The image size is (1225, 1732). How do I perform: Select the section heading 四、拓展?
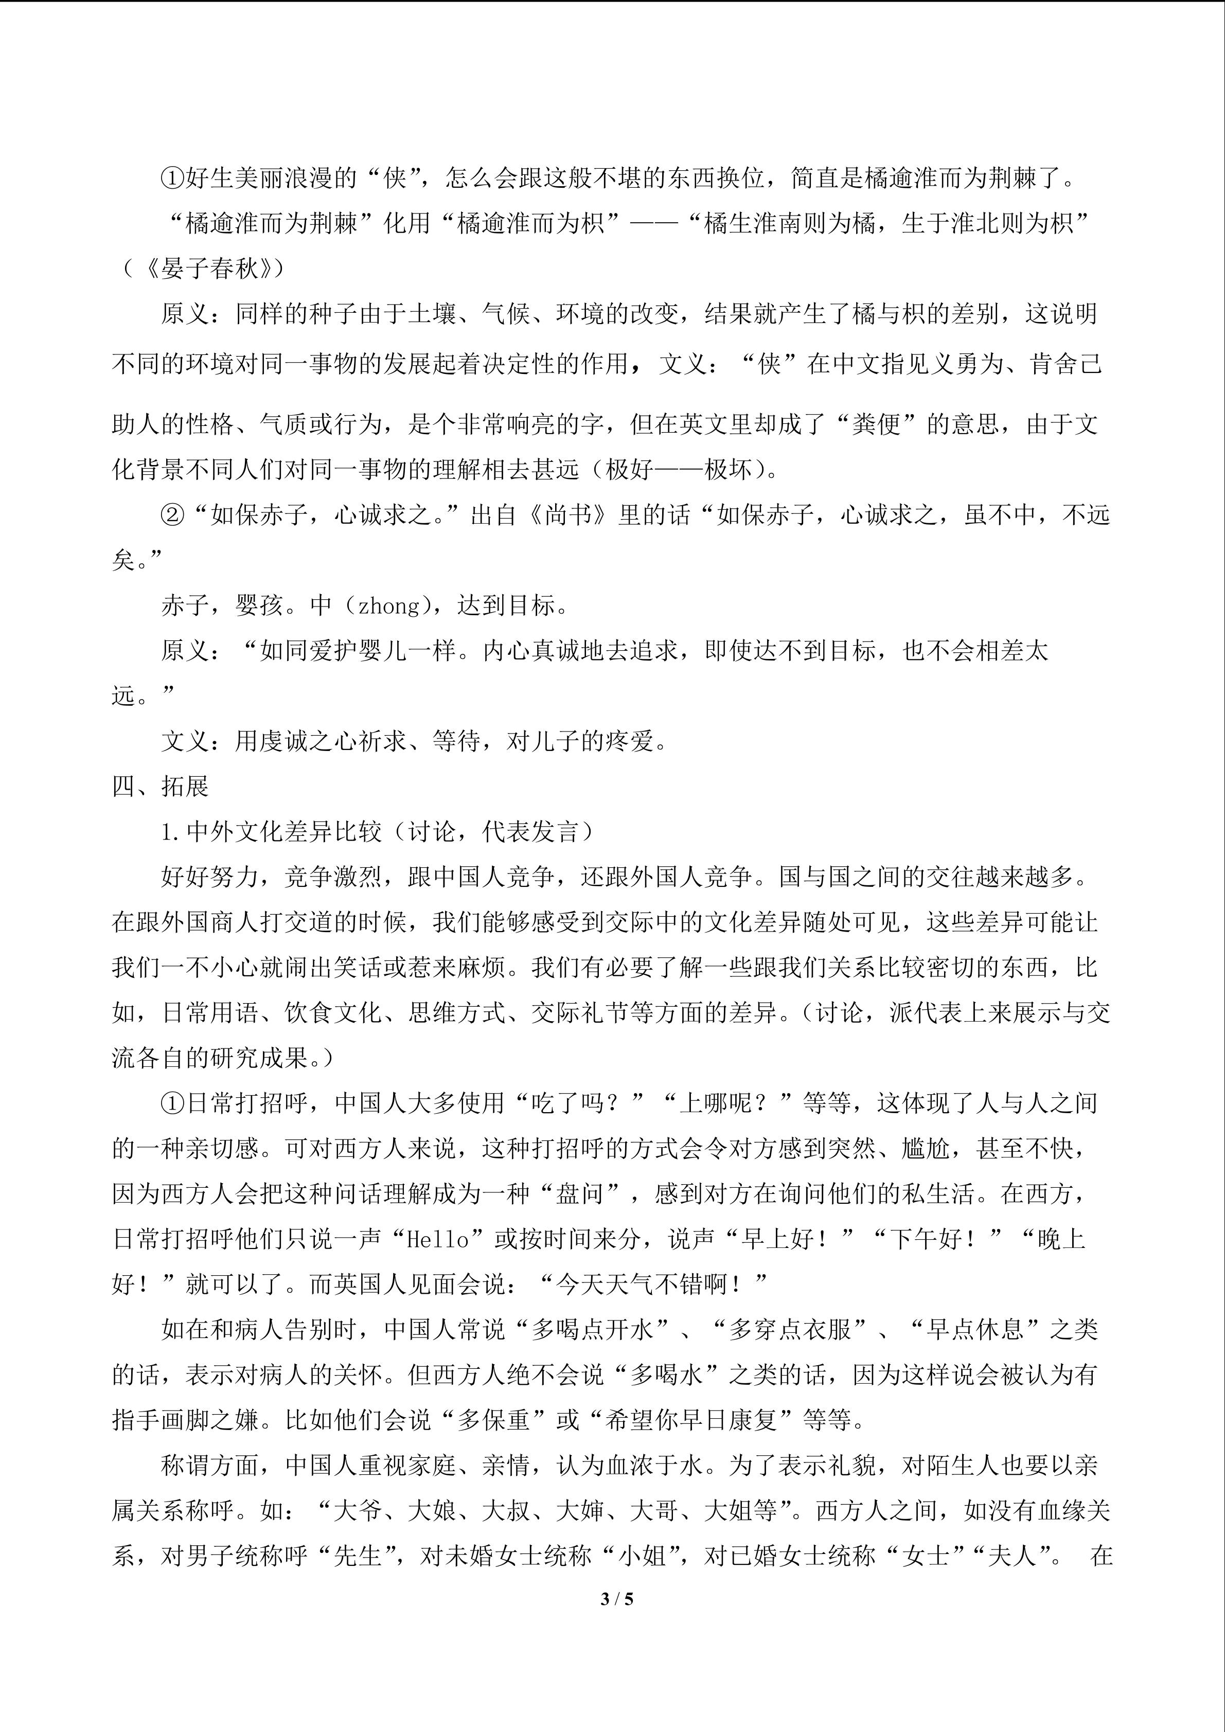pyautogui.click(x=160, y=787)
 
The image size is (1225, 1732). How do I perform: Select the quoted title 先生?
pyautogui.click(x=358, y=1556)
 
